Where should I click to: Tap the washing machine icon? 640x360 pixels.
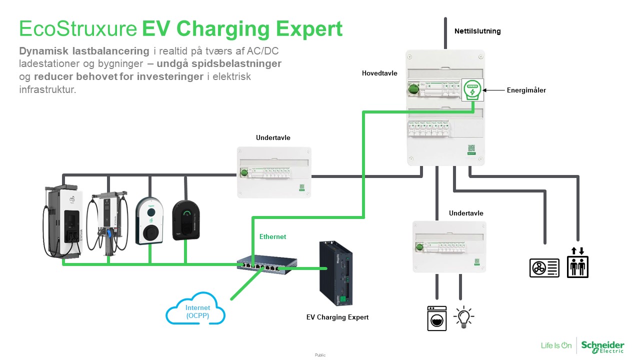tap(437, 318)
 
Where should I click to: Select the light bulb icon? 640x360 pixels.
tap(463, 317)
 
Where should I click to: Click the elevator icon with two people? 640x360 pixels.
tap(577, 263)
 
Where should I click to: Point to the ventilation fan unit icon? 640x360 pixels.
tap(544, 267)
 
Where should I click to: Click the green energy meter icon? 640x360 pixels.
tap(472, 90)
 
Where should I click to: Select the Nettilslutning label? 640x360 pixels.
tap(477, 31)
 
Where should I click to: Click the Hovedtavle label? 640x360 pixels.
tap(379, 73)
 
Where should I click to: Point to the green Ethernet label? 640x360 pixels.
tap(272, 236)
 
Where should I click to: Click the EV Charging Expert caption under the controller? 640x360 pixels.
tap(337, 317)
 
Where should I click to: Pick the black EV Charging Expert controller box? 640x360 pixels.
tap(337, 274)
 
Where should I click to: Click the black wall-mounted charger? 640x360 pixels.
tap(185, 220)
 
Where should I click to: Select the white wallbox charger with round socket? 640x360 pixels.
tap(149, 220)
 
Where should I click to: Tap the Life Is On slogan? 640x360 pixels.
tap(556, 345)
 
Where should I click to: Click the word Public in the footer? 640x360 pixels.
tap(320, 355)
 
